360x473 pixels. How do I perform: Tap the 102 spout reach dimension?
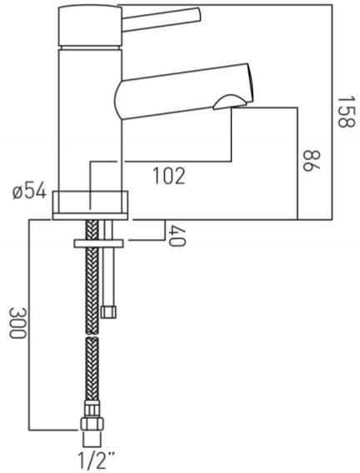point(167,176)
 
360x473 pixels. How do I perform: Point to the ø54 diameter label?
point(30,193)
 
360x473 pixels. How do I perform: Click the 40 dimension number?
point(175,236)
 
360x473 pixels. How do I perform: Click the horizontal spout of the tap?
point(179,87)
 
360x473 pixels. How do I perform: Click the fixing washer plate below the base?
point(97,243)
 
